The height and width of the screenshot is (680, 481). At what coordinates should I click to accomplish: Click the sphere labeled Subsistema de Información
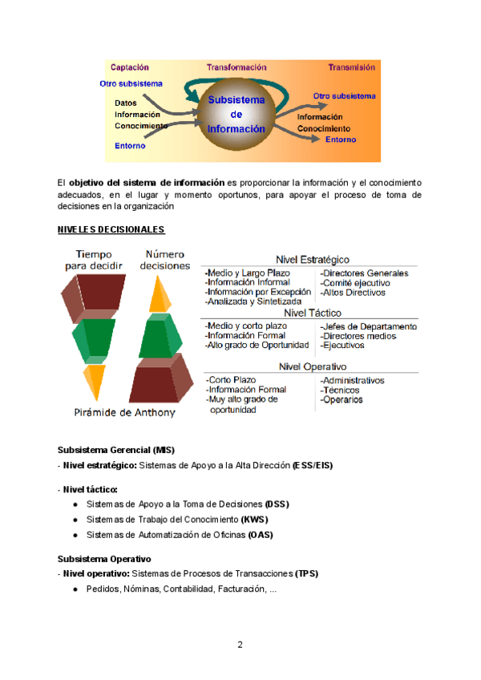(236, 115)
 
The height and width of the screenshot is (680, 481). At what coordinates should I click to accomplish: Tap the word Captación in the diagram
(129, 67)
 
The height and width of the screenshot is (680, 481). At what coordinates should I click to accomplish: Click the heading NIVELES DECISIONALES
(111, 230)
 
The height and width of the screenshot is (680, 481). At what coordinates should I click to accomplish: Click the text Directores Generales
(364, 273)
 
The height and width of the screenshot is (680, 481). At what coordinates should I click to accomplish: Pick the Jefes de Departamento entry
(368, 327)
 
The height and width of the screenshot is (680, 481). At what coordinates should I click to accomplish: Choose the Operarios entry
(342, 399)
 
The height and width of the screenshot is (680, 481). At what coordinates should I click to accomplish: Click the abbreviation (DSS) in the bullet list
(276, 504)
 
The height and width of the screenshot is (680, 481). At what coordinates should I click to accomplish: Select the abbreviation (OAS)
(261, 534)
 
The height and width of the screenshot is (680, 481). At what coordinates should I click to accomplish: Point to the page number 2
(240, 644)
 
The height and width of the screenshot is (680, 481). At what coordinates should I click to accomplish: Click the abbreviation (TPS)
(307, 573)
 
